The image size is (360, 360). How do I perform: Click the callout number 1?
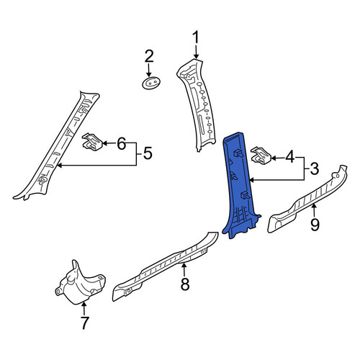(196, 37)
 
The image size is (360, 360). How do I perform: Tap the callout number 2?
(149, 56)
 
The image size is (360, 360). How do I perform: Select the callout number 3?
(314, 168)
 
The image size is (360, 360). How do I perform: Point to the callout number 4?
(289, 158)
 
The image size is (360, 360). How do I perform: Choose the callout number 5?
(148, 153)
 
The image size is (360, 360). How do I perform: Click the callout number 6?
(121, 144)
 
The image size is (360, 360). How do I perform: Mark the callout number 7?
(84, 323)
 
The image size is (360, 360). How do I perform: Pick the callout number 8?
(185, 284)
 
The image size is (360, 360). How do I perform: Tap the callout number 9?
(315, 225)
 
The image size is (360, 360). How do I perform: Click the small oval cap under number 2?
(151, 83)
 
